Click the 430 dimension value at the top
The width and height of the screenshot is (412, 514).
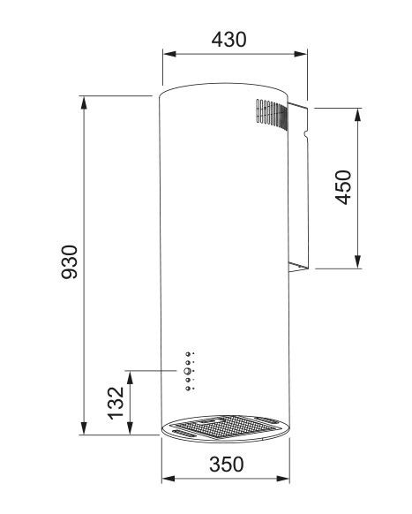pyautogui.click(x=228, y=39)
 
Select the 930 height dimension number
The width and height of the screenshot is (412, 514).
pyautogui.click(x=70, y=262)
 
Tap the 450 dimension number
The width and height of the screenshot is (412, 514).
pyautogui.click(x=343, y=187)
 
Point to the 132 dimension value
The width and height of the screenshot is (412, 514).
pyautogui.click(x=116, y=403)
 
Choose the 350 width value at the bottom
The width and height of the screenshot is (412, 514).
pyautogui.click(x=226, y=464)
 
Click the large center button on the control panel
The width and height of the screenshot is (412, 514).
pyautogui.click(x=187, y=371)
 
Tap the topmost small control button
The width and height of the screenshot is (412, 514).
pyautogui.click(x=187, y=354)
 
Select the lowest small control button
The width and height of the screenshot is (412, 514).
pyautogui.click(x=187, y=388)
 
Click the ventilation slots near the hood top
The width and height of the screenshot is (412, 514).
pyautogui.click(x=264, y=113)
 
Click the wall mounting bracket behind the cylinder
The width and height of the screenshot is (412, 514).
pyautogui.click(x=297, y=185)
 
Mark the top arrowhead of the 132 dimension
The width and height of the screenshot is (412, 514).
pyautogui.click(x=131, y=375)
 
